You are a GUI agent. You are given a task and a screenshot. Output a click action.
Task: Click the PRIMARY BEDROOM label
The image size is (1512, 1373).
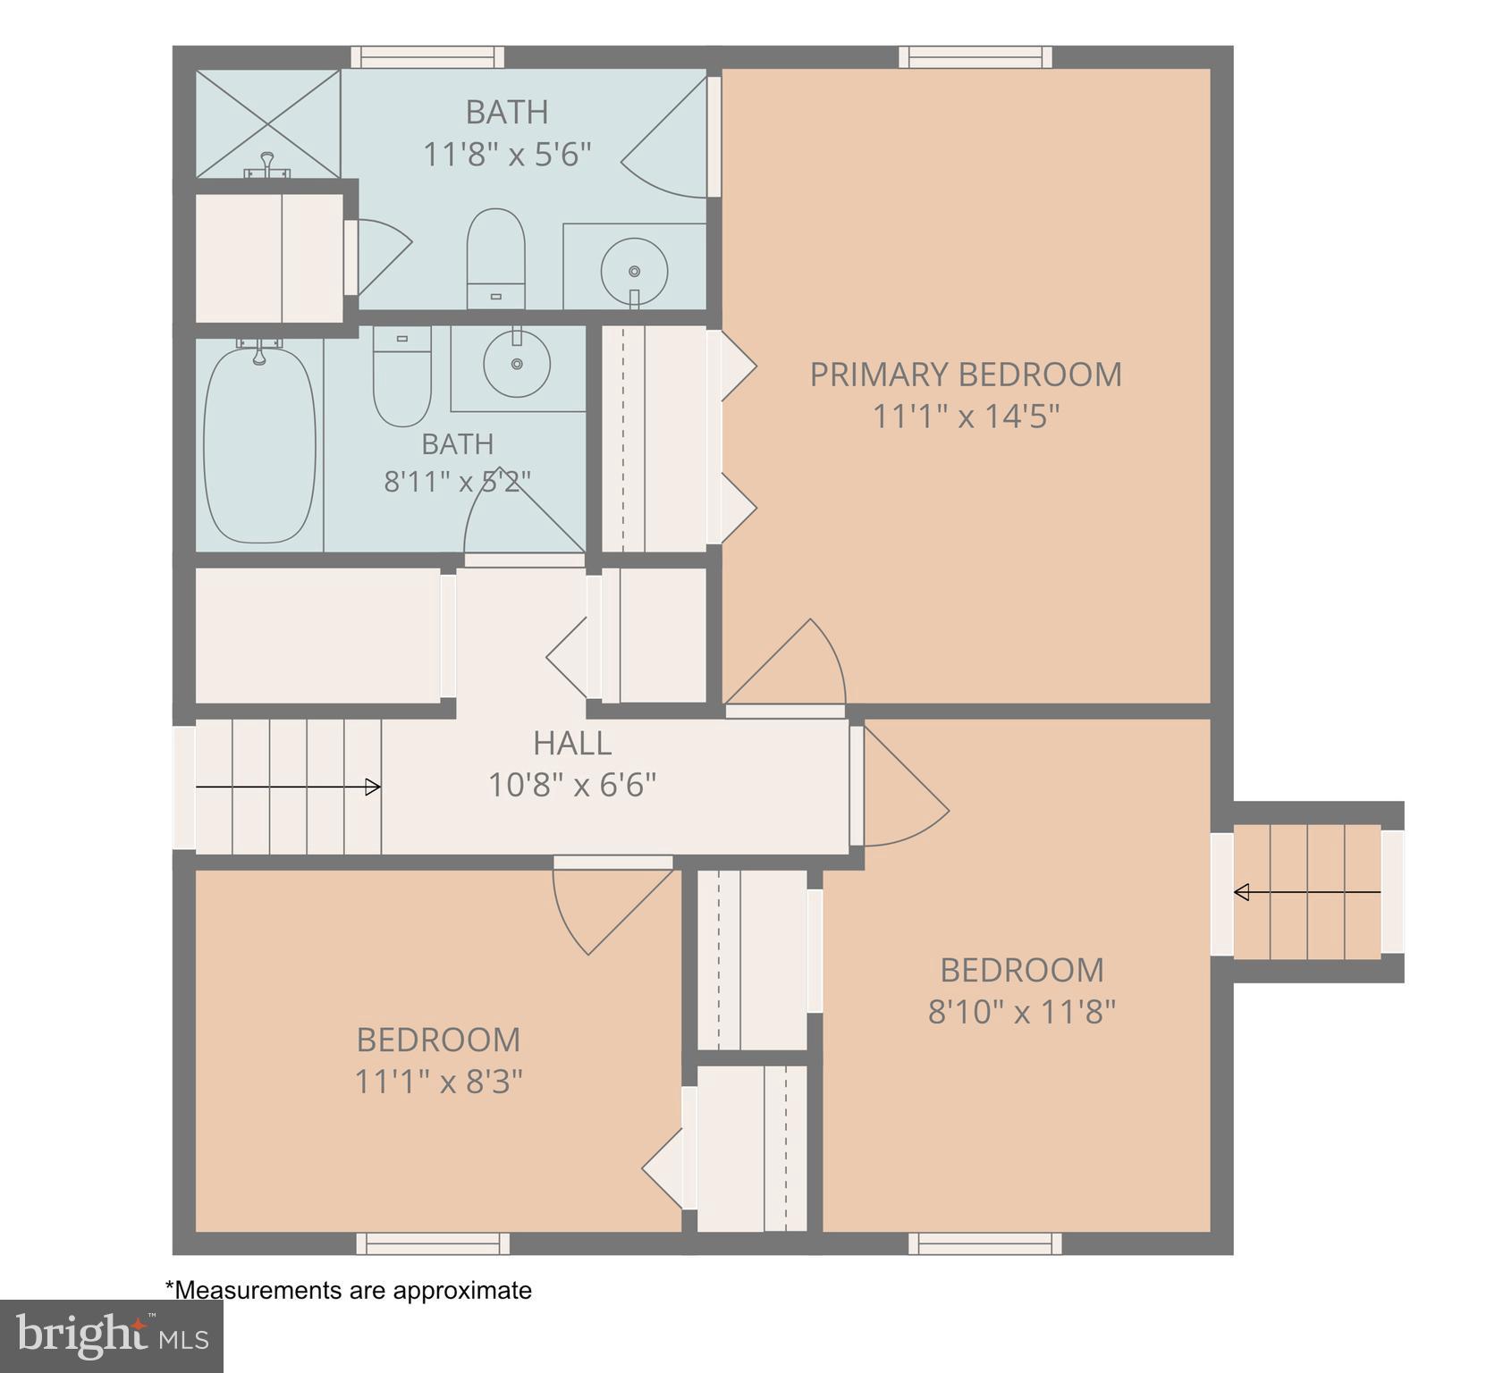pos(966,375)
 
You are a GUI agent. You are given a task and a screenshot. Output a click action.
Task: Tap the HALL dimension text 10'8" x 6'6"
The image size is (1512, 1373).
pos(572,786)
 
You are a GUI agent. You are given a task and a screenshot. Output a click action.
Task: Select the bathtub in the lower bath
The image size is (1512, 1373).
pos(259,442)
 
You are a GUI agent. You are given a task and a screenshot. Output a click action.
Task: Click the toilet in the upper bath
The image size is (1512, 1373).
pos(496,258)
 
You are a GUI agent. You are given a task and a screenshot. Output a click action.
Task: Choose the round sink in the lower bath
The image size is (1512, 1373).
pos(517,363)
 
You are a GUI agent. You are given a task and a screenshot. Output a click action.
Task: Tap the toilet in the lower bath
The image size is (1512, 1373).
pos(401,376)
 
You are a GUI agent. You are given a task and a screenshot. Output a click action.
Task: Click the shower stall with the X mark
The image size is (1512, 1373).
pos(268,123)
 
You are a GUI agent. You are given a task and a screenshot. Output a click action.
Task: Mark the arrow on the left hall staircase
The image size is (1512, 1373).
pos(288,788)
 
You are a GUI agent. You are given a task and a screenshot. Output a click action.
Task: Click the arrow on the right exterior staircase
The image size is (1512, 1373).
pos(1307,892)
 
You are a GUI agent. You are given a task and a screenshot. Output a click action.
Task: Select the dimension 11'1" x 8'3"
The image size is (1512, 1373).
pos(439,1082)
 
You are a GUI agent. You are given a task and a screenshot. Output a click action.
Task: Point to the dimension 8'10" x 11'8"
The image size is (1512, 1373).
pos(1022,1013)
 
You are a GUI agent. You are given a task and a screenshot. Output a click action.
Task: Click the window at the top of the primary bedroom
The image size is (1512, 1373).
pos(976,57)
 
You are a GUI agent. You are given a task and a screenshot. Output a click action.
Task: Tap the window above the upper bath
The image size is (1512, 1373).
pos(427,57)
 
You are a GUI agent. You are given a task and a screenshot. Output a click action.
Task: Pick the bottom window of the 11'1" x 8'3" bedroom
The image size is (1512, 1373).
pos(433,1243)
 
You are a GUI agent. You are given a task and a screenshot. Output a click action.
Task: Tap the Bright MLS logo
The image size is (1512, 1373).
pos(111,1335)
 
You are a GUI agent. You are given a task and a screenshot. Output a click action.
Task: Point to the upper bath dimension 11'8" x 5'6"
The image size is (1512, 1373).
pos(507,155)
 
